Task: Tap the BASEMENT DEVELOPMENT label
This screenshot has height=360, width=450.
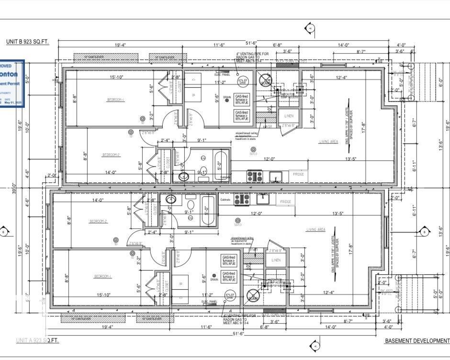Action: [x=416, y=341]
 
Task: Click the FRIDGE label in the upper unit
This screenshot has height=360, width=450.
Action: [x=299, y=175]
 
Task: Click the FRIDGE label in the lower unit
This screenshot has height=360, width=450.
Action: [x=287, y=202]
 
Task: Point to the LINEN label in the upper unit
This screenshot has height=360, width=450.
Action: [x=289, y=116]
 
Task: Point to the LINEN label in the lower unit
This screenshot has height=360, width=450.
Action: [x=276, y=260]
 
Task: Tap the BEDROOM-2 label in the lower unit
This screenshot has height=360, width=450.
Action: [x=98, y=221]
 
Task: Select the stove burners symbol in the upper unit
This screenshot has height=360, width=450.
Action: [x=253, y=177]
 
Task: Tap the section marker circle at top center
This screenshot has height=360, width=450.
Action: [x=310, y=28]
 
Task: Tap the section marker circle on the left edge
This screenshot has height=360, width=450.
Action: [x=4, y=232]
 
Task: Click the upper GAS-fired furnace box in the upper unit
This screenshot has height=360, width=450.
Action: [x=241, y=99]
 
